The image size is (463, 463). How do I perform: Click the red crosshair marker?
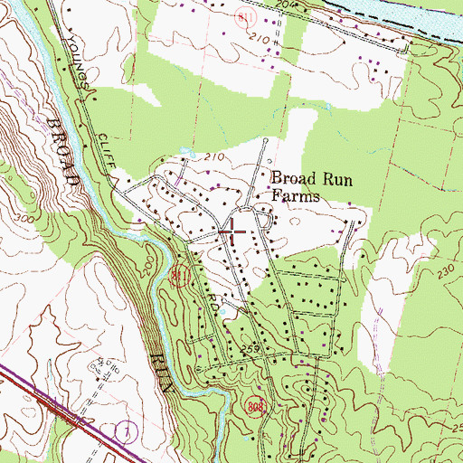point(232,231)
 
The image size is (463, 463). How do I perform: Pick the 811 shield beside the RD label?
point(178,277)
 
